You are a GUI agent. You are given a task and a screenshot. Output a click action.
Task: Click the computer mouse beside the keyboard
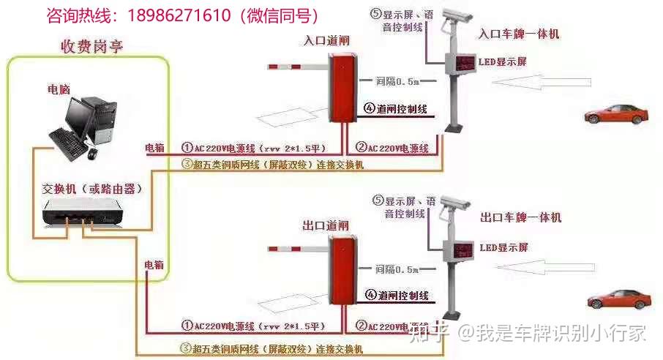coord(92,154)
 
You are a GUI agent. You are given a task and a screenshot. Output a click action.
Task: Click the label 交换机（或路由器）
coord(91,189)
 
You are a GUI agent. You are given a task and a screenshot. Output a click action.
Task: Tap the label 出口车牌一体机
coord(521,217)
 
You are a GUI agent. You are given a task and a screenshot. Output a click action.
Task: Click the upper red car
coord(616,113)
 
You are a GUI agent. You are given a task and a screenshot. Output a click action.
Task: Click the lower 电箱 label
coord(154,263)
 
